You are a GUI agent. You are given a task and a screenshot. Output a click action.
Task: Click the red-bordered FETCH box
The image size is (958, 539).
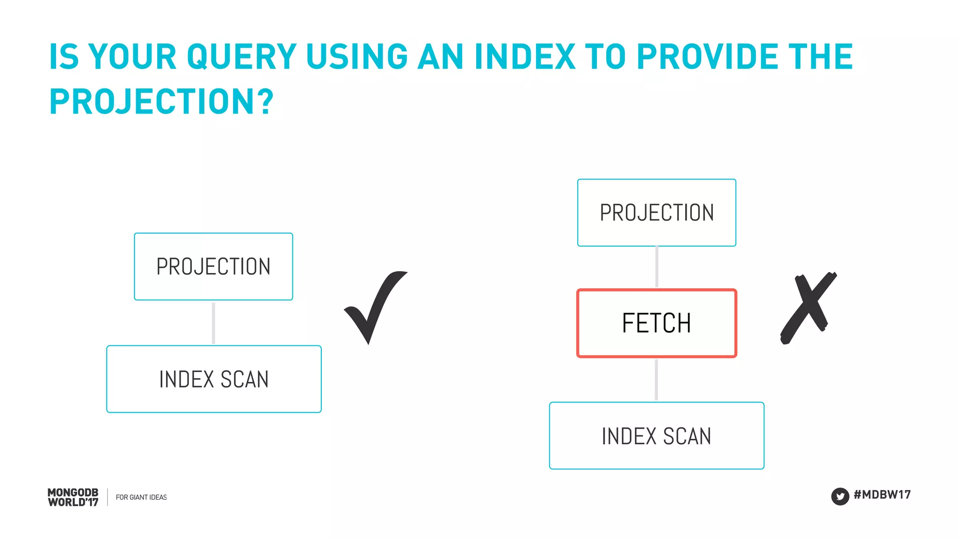point(656,323)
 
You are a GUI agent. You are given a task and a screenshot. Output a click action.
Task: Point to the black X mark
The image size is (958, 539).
point(808,309)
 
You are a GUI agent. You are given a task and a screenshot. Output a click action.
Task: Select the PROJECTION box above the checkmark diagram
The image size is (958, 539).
point(213,266)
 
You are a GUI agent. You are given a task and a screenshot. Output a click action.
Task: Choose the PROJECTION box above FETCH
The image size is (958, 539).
point(656,213)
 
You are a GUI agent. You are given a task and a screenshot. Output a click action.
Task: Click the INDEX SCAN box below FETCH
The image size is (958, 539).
point(656,436)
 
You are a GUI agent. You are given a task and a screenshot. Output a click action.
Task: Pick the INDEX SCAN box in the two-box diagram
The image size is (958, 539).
point(214,379)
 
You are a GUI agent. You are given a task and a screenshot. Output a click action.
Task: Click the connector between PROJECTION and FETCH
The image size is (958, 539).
point(657,267)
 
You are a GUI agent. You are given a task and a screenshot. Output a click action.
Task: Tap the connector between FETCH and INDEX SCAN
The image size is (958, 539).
point(656,380)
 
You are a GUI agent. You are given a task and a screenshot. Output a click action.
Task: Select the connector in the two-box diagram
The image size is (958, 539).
point(214,323)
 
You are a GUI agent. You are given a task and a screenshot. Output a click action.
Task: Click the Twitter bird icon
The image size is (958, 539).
point(840,496)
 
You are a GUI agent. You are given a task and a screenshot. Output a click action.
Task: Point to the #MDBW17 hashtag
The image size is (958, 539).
point(882,495)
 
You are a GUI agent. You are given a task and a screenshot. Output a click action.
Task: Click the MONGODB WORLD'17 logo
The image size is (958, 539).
point(73,497)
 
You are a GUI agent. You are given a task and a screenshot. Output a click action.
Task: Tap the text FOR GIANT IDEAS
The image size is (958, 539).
point(141,497)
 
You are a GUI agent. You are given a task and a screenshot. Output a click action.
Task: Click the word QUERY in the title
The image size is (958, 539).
point(241,57)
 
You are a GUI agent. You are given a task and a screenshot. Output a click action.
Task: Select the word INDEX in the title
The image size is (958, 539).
point(524,57)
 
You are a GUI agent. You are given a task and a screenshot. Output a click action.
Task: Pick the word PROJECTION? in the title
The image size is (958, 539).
point(161,101)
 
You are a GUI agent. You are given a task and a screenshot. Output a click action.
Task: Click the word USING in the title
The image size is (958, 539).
point(357,57)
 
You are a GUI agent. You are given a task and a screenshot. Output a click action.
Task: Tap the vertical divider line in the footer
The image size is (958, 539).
point(108,497)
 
